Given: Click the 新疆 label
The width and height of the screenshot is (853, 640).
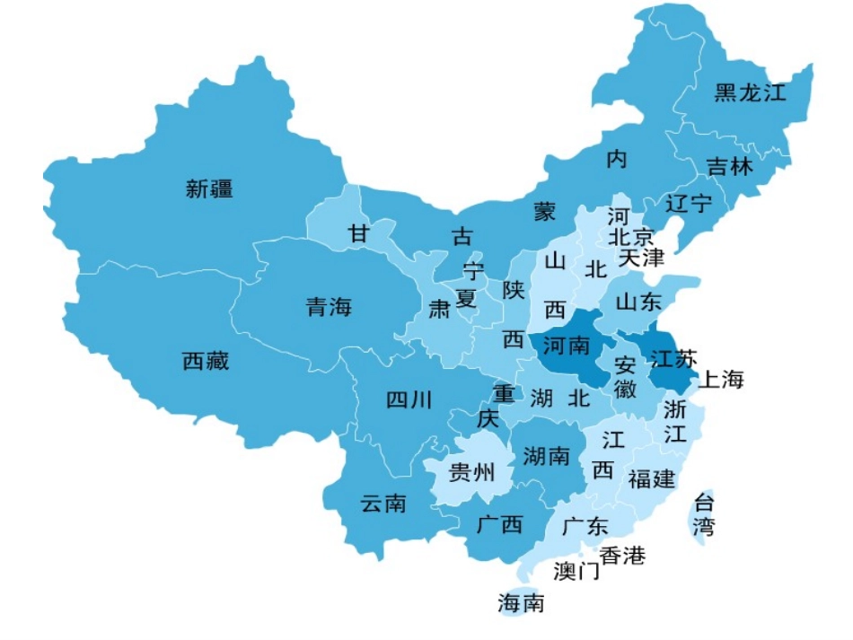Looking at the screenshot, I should [x=209, y=188].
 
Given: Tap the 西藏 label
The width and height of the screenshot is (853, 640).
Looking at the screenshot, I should [x=206, y=361].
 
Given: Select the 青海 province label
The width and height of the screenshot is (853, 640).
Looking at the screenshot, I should [x=329, y=308].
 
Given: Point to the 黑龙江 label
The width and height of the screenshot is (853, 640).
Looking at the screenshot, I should [x=749, y=92].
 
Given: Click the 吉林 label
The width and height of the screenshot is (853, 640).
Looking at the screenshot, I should [x=729, y=167].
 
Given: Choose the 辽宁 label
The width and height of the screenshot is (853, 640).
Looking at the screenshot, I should [x=689, y=204].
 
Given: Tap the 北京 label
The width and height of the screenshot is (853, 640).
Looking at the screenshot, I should [x=631, y=237].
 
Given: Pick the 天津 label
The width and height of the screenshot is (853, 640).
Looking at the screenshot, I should [x=641, y=259].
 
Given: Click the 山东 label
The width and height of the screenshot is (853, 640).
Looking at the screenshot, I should [x=638, y=302].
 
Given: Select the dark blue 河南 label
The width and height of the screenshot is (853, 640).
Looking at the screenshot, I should [x=567, y=345].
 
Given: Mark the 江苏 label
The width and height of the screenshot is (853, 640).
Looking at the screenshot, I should [x=673, y=359].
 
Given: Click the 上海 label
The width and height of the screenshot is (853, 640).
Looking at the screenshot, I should [x=721, y=380].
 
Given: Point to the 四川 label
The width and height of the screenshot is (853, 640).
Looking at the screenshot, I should [x=409, y=399].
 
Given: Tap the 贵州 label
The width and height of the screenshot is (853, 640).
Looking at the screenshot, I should [x=471, y=471].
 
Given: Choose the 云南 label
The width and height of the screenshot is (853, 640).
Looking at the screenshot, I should [x=383, y=504].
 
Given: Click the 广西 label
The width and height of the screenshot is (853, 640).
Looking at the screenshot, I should [x=499, y=524].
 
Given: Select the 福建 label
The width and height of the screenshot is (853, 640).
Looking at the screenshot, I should [x=651, y=478].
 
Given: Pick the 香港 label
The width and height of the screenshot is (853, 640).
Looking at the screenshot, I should [x=622, y=556].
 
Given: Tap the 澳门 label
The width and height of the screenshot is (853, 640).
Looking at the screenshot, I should [x=576, y=571].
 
